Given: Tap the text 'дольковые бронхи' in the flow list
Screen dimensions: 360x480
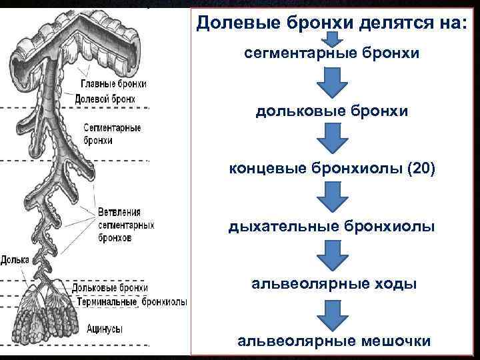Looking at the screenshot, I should click(331, 112).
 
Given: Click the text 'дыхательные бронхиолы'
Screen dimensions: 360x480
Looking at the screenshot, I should click(331, 227).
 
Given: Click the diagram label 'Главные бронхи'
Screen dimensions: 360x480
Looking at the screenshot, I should click(113, 85).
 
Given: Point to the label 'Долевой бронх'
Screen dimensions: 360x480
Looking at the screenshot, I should click(105, 99).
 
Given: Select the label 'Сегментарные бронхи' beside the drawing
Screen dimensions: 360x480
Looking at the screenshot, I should click(111, 134).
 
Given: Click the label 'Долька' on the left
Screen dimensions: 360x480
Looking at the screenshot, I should click(15, 259).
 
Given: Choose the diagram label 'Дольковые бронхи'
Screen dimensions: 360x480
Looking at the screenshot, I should click(111, 288).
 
